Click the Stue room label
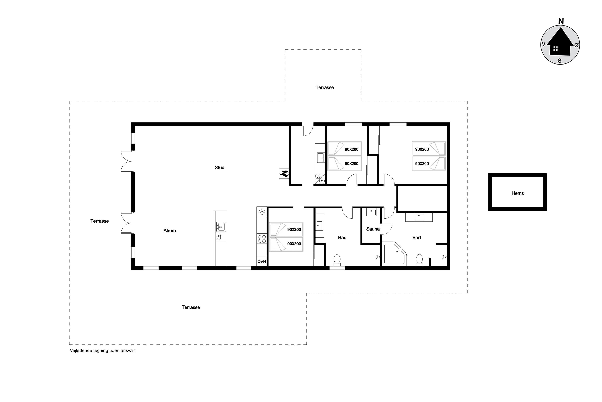coord(219,168)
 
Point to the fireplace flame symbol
coord(284,174)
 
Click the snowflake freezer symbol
coord(262,212)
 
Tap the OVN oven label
coord(262,262)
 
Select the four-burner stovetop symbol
coord(262,239)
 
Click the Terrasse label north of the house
coord(325,88)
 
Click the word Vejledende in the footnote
coord(81,350)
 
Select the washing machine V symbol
coord(317,177)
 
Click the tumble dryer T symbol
coord(322,181)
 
